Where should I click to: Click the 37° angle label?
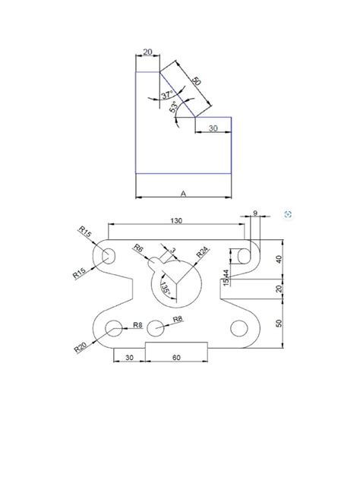click(168, 95)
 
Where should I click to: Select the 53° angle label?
click(174, 109)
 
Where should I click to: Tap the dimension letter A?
click(183, 194)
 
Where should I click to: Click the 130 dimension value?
click(178, 219)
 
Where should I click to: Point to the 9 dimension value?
click(254, 213)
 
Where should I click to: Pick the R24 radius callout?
click(203, 251)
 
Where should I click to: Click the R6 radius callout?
click(138, 248)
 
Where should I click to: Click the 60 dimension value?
click(175, 356)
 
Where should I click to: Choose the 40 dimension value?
click(279, 260)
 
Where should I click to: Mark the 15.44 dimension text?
click(226, 277)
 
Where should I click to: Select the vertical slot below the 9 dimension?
click(245, 257)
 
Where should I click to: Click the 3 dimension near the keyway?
click(172, 249)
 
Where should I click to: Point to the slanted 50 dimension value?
click(196, 81)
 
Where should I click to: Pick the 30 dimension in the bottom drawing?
click(129, 356)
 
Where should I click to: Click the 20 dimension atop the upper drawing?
click(147, 52)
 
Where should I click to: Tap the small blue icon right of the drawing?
click(288, 215)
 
